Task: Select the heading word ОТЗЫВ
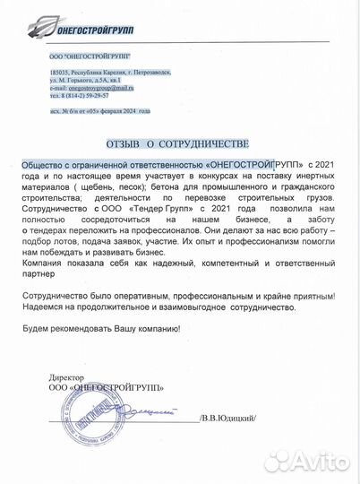click(x=127, y=143)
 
